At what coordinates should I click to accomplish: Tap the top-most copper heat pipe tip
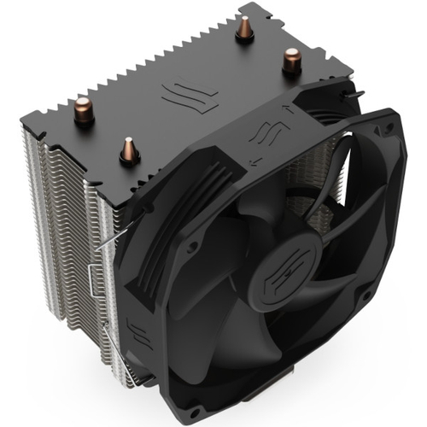pyautogui.click(x=245, y=28)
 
